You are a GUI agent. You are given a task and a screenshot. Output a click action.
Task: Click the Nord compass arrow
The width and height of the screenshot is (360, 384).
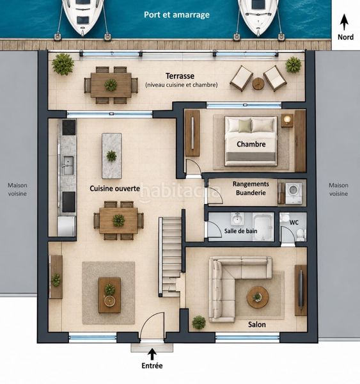[344, 22]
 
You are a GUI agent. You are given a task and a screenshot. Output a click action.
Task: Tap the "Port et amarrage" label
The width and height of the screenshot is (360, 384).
[176, 15]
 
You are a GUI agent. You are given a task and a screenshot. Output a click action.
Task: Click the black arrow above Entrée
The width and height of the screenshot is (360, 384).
[152, 354]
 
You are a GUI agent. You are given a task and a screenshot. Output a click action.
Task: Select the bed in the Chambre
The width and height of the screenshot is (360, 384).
[251, 141]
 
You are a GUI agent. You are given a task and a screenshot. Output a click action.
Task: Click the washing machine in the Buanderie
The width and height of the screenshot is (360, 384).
[295, 193]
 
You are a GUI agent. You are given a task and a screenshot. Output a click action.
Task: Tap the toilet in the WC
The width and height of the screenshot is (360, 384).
[301, 235]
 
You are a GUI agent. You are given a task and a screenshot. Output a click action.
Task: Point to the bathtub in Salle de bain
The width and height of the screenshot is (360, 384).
[263, 227]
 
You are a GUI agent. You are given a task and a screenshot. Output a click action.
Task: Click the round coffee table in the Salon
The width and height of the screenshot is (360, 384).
[258, 297]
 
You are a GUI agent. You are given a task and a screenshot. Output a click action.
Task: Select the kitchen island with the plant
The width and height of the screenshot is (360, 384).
[112, 156]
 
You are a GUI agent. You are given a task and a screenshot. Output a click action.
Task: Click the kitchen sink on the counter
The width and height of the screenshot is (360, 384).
[68, 165]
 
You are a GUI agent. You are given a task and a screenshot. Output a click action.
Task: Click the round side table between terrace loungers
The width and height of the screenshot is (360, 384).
[258, 84]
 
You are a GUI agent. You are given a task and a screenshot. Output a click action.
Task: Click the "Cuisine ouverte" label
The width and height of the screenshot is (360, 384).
[115, 189]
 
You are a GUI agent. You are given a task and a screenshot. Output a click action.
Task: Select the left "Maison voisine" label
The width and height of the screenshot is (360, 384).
[17, 189]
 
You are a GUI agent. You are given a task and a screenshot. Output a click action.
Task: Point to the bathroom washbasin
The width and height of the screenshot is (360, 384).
[237, 219]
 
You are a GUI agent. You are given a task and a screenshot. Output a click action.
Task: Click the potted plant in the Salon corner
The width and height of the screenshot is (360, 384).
[199, 323]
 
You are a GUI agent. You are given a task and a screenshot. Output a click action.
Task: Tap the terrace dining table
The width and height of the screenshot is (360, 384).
[111, 85]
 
